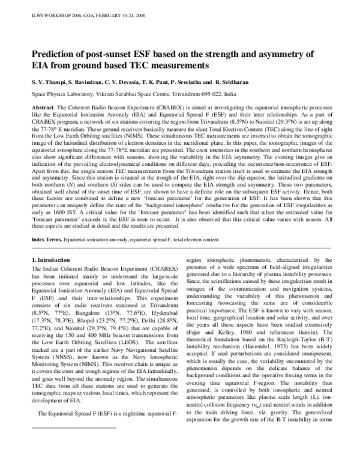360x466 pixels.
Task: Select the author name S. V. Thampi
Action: pyautogui.click(x=47, y=80)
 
